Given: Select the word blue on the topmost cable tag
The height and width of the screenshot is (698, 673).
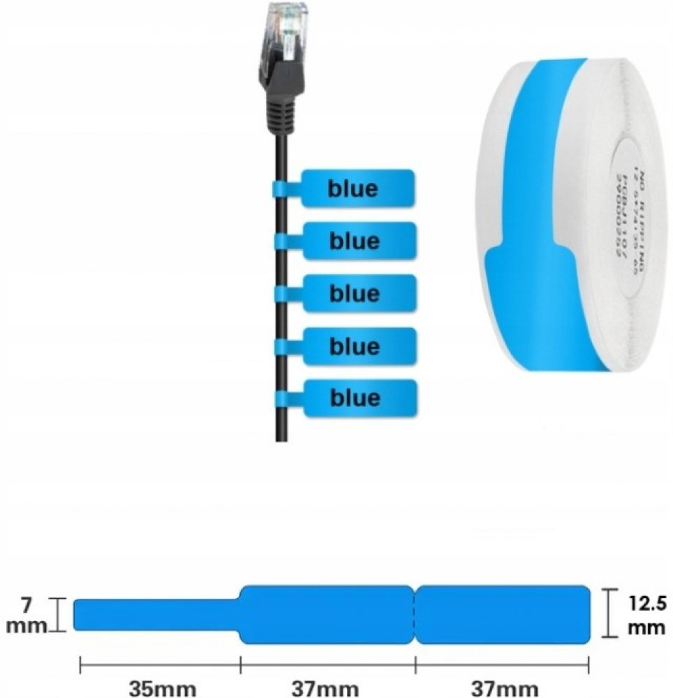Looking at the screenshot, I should coord(354,188).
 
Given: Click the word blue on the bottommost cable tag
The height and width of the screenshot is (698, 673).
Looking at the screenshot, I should coord(355,398).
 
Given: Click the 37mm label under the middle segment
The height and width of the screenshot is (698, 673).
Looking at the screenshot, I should coord(328,688).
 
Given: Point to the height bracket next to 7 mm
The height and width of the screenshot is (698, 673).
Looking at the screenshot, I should coord(61,614).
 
